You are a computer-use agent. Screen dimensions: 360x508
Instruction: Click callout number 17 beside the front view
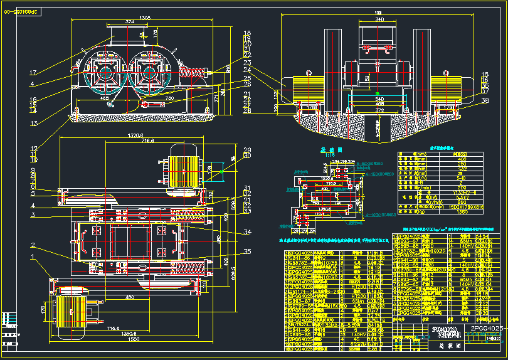(x=33, y=72)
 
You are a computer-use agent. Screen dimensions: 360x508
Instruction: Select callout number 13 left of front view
(x=33, y=122)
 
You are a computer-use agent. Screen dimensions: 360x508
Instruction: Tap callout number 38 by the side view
(x=484, y=100)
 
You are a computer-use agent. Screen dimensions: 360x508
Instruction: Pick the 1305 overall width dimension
(x=145, y=18)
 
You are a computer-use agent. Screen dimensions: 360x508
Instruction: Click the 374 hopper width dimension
(x=130, y=22)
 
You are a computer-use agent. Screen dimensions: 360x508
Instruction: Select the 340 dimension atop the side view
(x=379, y=20)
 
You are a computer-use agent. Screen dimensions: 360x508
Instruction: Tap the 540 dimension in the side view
(x=379, y=99)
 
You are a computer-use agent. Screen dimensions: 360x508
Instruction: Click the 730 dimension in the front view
(x=169, y=99)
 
